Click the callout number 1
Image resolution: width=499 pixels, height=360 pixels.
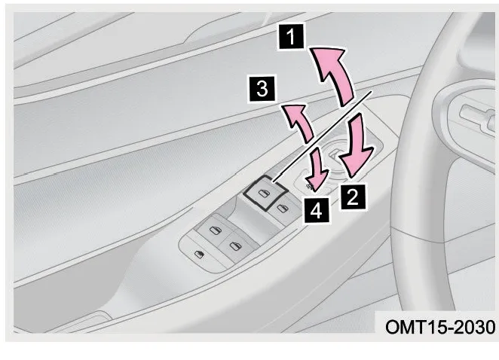point(291,37)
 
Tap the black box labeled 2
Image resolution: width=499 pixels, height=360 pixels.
point(353,197)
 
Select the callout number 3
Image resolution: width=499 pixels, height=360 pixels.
point(262,89)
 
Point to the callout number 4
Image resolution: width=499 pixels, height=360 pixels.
point(316,210)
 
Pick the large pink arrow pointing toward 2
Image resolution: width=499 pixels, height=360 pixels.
point(357,146)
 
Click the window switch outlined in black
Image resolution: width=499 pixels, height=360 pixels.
point(266,193)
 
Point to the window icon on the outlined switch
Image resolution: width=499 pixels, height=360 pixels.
point(264,193)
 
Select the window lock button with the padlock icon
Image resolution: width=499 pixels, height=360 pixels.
point(200,254)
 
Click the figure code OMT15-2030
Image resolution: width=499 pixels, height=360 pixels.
point(440,327)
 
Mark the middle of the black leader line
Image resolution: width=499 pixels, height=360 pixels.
point(322,136)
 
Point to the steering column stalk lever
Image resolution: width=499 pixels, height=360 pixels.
point(476,117)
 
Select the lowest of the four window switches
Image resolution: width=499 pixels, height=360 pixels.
point(236,246)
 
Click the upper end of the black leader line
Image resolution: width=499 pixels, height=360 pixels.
point(372,90)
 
